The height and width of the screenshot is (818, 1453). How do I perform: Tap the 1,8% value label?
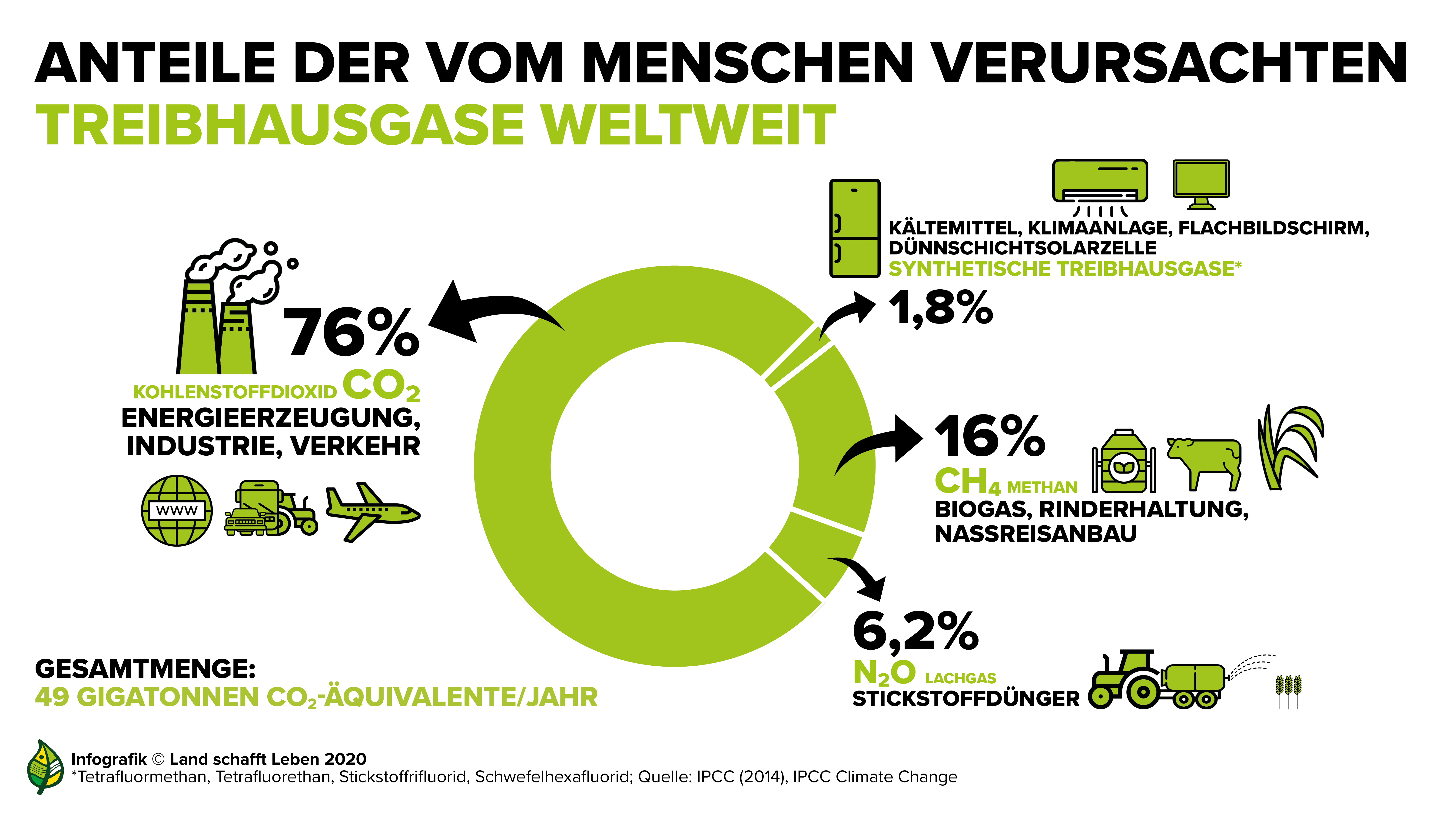point(940,308)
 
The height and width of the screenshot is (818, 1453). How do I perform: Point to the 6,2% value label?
point(916,632)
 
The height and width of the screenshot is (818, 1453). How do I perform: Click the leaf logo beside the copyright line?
point(45,767)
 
